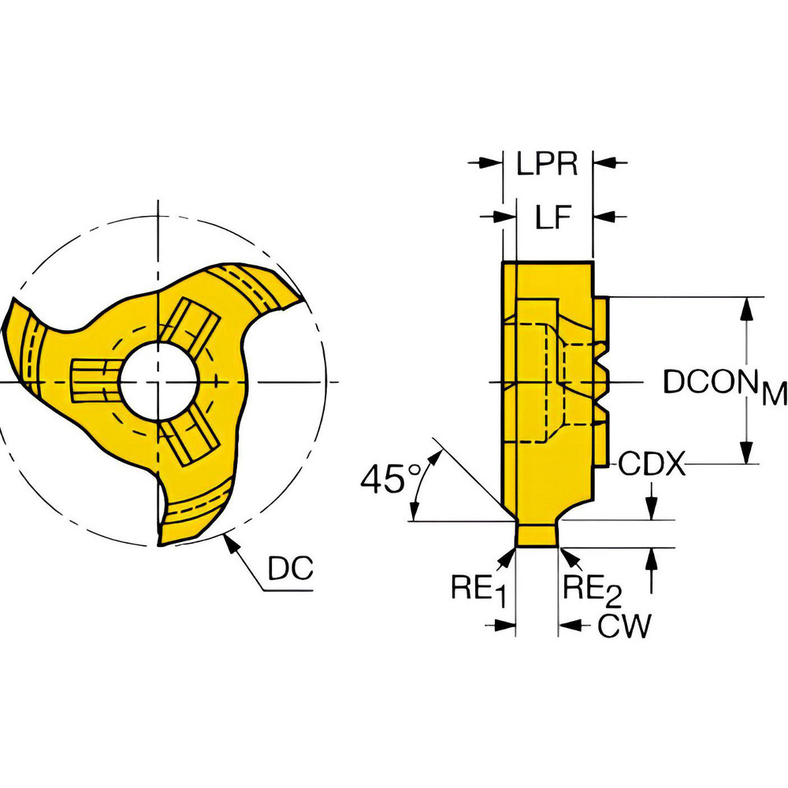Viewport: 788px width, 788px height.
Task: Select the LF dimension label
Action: coord(554,217)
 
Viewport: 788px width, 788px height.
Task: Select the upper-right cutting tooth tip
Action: coord(303,293)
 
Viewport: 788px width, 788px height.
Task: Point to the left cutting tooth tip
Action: coord(11,307)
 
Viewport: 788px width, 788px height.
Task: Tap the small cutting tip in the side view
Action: coord(537,534)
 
